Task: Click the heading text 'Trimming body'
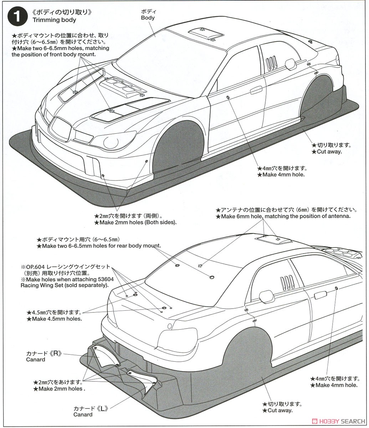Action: [x=54, y=20]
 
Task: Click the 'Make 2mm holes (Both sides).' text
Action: [x=135, y=222]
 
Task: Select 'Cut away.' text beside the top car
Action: [x=327, y=152]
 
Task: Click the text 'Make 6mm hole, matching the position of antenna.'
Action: [x=283, y=216]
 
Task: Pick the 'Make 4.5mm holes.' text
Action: [x=55, y=319]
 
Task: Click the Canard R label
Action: [x=36, y=360]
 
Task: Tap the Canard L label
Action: [x=83, y=414]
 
